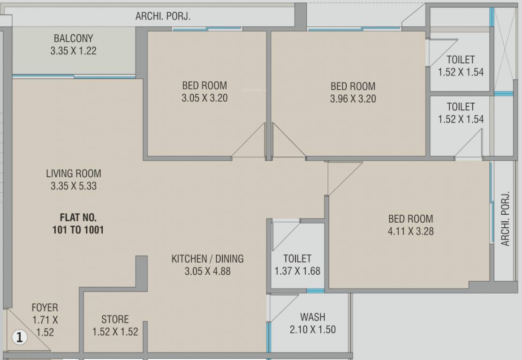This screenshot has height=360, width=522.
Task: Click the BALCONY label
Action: [73, 38]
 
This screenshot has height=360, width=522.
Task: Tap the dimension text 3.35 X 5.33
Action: [73, 186]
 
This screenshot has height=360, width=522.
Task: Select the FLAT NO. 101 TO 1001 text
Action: [78, 224]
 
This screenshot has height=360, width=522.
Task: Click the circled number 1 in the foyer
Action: [19, 337]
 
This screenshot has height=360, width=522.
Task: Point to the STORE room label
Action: [115, 319]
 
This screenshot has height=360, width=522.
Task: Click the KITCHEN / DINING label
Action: [207, 259]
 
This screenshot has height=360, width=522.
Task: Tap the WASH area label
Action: [313, 317]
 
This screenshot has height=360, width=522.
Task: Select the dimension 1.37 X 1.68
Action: [297, 271]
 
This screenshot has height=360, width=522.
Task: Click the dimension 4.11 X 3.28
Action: [410, 231]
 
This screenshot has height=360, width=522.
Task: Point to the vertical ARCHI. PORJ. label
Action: [505, 218]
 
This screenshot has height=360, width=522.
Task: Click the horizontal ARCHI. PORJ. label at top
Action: [163, 16]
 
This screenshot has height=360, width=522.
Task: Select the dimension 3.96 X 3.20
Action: [353, 99]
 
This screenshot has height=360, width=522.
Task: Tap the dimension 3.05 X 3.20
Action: [204, 98]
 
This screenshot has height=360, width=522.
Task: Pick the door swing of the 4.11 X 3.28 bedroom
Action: [341, 176]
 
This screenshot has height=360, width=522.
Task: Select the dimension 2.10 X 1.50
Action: [312, 330]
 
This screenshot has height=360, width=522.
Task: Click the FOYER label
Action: [45, 307]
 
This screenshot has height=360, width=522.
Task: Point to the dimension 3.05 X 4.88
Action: [207, 271]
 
